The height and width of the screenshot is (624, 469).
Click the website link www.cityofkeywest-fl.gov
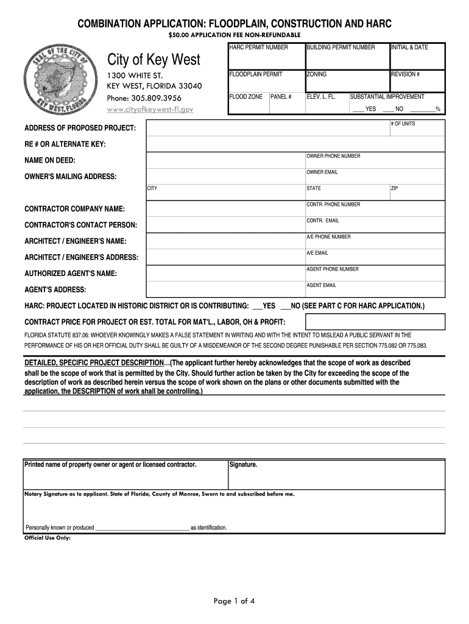pos(150,109)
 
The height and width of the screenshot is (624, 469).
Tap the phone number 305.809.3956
pos(144,98)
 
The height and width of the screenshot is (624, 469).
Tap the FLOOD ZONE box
pos(248,104)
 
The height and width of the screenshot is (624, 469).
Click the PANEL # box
pos(286,104)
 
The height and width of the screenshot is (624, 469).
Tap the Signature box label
pos(244,465)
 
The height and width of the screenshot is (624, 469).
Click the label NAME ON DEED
pos(50,160)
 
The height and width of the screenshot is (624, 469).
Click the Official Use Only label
pos(48,538)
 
